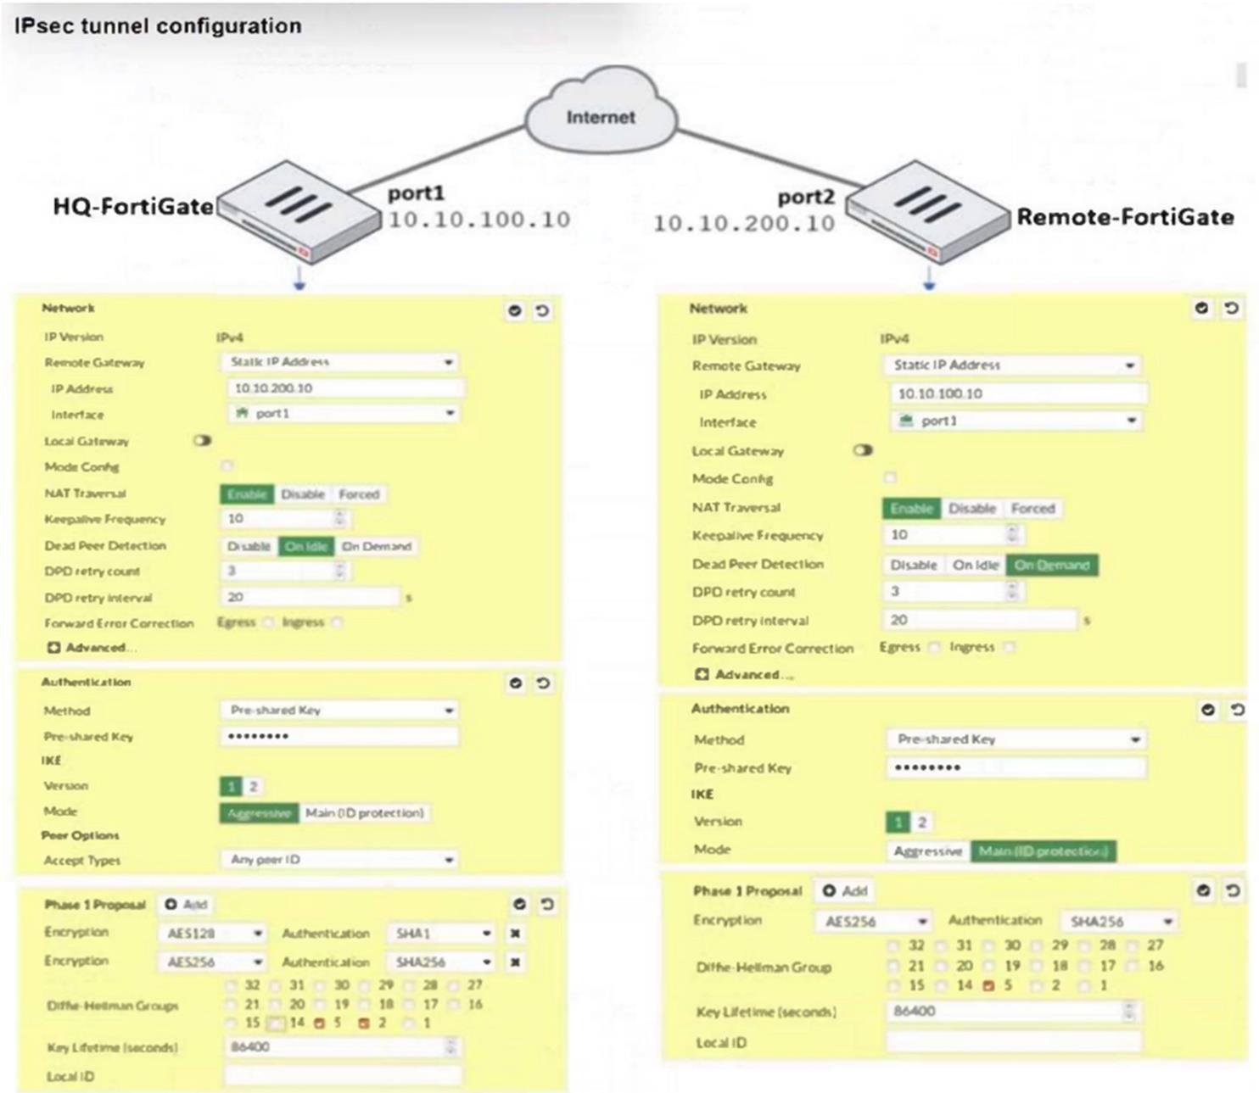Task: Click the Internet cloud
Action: point(601,116)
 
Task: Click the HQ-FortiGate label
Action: point(133,206)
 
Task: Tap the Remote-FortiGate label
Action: point(1125,217)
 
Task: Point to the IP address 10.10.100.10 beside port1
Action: point(479,220)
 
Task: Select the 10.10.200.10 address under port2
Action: point(744,223)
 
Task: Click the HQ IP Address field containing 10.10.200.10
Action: point(344,388)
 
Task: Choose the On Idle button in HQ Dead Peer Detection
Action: point(306,546)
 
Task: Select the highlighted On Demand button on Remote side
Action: point(1051,565)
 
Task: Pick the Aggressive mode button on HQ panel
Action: point(259,813)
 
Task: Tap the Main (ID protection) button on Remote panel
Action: point(1043,850)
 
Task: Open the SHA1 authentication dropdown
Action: point(440,934)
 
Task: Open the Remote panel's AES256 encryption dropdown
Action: point(874,922)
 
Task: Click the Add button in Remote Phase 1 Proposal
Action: point(845,890)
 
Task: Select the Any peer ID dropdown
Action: point(339,860)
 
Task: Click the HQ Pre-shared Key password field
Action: point(339,736)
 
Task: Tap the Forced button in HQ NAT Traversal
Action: point(359,494)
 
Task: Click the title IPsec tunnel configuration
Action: point(158,25)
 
